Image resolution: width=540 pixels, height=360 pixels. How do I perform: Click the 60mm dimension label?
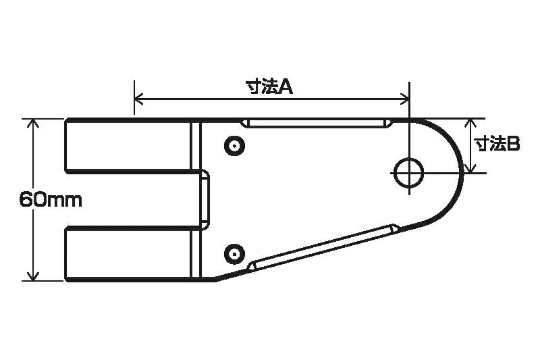point(50,200)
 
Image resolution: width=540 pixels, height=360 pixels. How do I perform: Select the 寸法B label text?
point(496,144)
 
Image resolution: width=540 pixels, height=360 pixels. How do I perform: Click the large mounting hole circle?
point(408,173)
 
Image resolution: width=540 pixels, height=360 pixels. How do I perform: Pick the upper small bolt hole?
point(234,145)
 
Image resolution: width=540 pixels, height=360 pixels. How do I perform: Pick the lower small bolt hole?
point(234,253)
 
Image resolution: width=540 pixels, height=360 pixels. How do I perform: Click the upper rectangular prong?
point(128,145)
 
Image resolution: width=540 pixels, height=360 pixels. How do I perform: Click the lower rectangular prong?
point(128,254)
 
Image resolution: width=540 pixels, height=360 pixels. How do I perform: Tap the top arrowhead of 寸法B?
point(473,123)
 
